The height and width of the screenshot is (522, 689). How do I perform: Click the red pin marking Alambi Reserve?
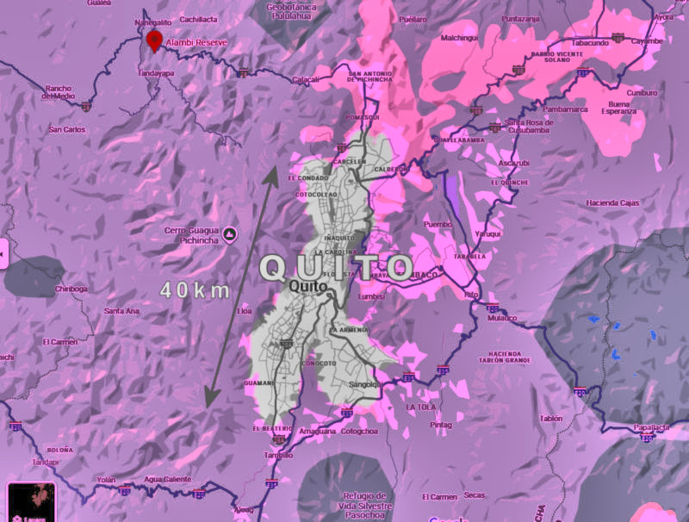point(154,40)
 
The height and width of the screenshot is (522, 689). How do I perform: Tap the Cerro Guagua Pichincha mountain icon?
point(229,233)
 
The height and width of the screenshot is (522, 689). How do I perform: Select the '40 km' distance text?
point(195,290)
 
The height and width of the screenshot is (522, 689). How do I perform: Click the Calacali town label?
point(307,79)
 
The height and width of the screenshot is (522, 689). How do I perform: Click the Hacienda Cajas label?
point(612,202)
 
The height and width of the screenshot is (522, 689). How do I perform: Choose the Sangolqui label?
point(364,384)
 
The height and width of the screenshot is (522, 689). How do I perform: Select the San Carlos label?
point(67,129)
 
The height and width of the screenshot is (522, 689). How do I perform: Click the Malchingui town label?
point(459,37)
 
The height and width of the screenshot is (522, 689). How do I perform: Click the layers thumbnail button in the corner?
point(31,502)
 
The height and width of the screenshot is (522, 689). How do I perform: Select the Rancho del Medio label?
point(59,91)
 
